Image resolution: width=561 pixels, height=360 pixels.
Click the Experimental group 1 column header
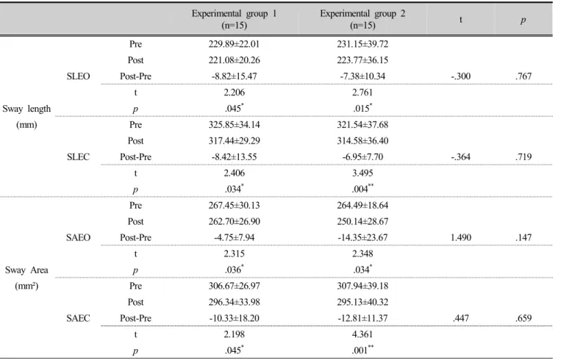click(x=234, y=19)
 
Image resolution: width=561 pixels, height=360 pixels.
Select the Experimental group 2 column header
click(x=362, y=19)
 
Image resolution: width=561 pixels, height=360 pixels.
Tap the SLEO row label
click(x=78, y=76)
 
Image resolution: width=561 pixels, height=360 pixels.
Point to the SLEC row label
click(x=78, y=157)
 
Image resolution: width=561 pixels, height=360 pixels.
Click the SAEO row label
click(x=78, y=237)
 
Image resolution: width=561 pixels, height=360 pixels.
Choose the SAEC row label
click(x=78, y=318)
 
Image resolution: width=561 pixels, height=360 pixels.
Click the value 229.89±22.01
click(x=234, y=44)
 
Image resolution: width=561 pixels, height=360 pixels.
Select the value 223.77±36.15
click(x=362, y=60)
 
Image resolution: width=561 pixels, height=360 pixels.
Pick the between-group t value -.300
click(x=460, y=76)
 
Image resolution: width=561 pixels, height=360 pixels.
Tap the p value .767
click(x=524, y=76)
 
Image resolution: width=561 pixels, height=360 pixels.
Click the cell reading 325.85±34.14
click(x=234, y=125)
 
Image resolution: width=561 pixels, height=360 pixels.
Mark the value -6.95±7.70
click(x=362, y=157)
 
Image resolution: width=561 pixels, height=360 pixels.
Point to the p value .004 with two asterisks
click(x=362, y=189)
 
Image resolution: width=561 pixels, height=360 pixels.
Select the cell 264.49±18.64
click(x=362, y=205)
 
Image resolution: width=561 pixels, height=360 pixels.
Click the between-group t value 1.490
click(x=461, y=237)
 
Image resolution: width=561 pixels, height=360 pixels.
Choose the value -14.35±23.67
click(x=362, y=237)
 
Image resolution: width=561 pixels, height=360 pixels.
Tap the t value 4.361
click(x=362, y=334)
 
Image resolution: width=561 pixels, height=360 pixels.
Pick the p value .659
click(x=524, y=318)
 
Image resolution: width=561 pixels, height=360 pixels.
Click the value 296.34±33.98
click(x=234, y=302)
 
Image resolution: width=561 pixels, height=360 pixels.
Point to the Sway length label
click(x=26, y=117)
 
